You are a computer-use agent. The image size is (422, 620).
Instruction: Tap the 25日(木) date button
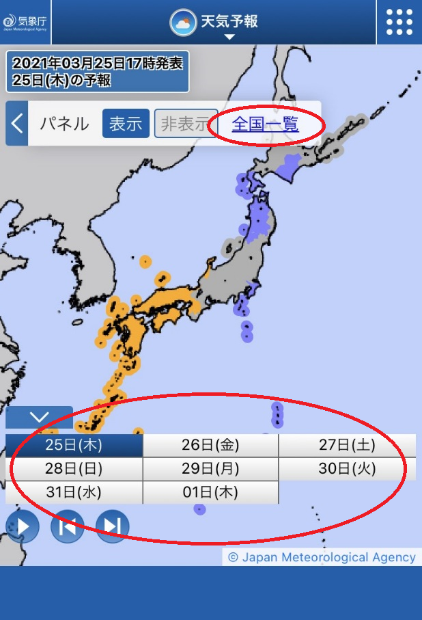(x=74, y=446)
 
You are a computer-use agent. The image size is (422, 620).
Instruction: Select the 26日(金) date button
(x=210, y=446)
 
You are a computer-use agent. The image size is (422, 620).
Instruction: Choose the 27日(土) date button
(x=347, y=446)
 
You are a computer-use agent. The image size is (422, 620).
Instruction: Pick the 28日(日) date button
(x=74, y=469)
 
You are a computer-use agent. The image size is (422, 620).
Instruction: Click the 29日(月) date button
(x=210, y=469)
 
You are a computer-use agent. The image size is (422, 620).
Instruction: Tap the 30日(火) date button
(x=347, y=469)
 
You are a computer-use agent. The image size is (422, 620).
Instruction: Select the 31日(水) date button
(x=74, y=492)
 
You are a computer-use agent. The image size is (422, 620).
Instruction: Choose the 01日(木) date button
(x=210, y=492)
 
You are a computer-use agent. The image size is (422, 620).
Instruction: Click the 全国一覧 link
(x=265, y=124)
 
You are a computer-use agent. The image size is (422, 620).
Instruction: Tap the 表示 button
(x=126, y=124)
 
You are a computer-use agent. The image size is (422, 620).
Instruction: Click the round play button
(x=22, y=526)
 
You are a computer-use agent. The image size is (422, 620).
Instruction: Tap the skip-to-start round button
(x=67, y=526)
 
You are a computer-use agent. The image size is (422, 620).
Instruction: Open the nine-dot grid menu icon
(x=399, y=22)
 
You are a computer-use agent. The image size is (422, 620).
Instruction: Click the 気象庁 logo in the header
(x=25, y=22)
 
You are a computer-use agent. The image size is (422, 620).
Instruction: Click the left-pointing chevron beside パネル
(x=17, y=124)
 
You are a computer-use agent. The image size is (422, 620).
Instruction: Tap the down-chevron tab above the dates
(x=39, y=417)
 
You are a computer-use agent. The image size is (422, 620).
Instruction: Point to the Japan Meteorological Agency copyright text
(x=322, y=557)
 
